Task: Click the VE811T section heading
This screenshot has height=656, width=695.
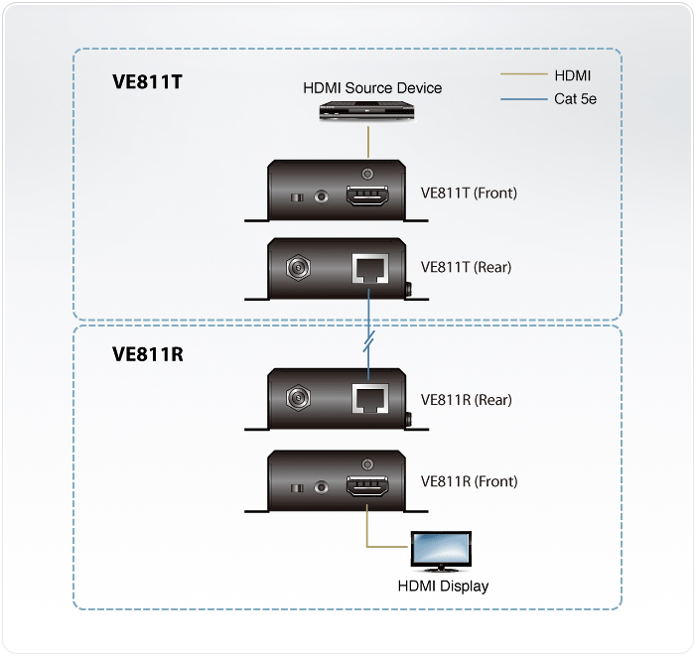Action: [x=147, y=81]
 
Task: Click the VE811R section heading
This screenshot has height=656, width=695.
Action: [x=148, y=354]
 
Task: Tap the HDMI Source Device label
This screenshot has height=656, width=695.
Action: [x=372, y=88]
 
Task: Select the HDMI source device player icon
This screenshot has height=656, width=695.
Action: [x=368, y=113]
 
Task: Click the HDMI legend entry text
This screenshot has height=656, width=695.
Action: [x=573, y=74]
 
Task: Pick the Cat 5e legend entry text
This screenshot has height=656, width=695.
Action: [x=575, y=99]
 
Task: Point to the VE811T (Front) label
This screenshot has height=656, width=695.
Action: [x=469, y=193]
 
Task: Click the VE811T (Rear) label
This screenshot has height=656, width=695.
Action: [x=466, y=266]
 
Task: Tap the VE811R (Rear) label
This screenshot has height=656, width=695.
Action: [x=466, y=400]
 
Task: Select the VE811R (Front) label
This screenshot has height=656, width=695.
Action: [x=469, y=481]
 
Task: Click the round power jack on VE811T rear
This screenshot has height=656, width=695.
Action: [x=295, y=267]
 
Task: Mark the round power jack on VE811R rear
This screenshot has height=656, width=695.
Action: [x=295, y=400]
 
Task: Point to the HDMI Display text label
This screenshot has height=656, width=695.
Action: [x=443, y=586]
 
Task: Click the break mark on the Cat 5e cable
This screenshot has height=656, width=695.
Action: [x=368, y=342]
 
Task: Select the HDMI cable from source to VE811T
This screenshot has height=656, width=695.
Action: [x=368, y=140]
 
